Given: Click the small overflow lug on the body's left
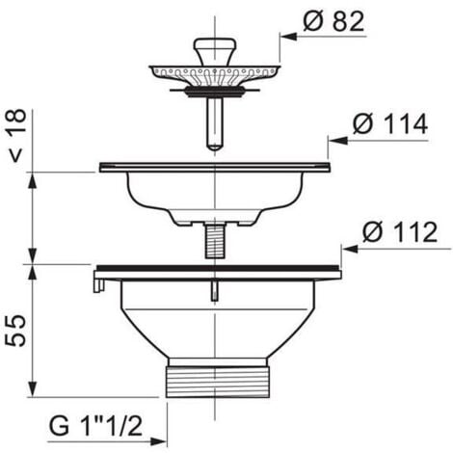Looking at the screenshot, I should (x=98, y=282).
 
